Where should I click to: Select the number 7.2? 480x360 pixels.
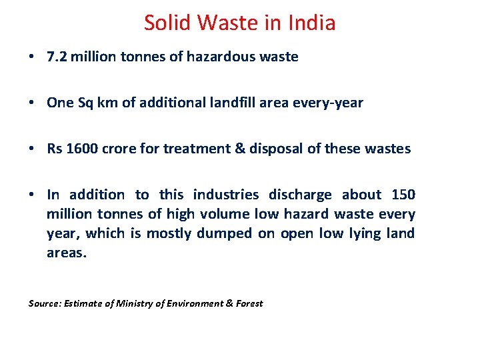click(x=55, y=57)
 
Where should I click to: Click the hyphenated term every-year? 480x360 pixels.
click(x=331, y=103)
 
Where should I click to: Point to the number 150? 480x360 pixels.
click(x=403, y=195)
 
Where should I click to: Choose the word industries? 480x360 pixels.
click(x=225, y=195)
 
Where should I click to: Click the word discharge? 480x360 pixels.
click(x=300, y=195)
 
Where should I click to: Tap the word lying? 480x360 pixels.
click(x=364, y=233)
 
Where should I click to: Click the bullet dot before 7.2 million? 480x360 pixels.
click(x=32, y=57)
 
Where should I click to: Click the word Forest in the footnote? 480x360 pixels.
click(x=249, y=303)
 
